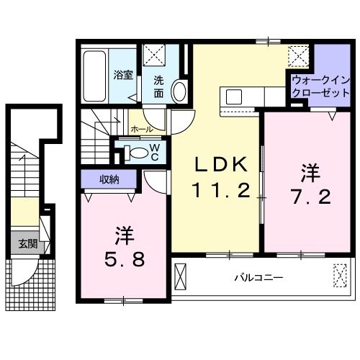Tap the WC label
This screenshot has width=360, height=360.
coord(154,151)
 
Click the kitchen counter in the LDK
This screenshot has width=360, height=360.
coord(248,96)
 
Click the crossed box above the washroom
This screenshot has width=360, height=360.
coord(153,55)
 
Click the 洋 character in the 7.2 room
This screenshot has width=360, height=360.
coord(310,172)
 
